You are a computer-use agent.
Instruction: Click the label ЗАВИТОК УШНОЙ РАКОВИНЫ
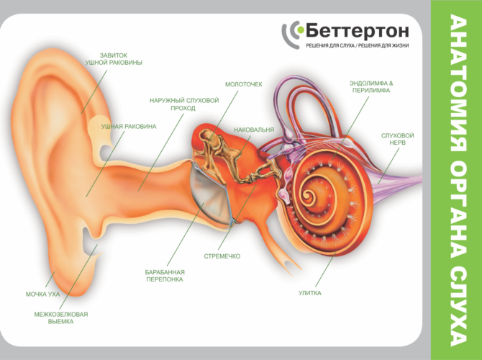pyautogui.click(x=114, y=59)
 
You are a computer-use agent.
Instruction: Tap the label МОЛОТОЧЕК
pyautogui.click(x=244, y=84)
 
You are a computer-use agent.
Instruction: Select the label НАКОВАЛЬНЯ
pyautogui.click(x=254, y=130)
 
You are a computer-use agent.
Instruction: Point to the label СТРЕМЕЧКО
pyautogui.click(x=222, y=256)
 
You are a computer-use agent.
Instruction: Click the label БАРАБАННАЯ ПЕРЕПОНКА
pyautogui.click(x=165, y=276)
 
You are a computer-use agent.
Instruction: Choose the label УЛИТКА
pyautogui.click(x=310, y=293)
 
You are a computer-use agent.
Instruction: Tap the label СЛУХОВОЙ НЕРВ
pyautogui.click(x=397, y=139)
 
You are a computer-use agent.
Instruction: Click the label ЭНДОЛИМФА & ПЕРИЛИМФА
pyautogui.click(x=371, y=87)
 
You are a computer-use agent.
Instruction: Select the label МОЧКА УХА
pyautogui.click(x=42, y=294)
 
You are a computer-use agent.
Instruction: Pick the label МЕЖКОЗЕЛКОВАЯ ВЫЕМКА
pyautogui.click(x=61, y=318)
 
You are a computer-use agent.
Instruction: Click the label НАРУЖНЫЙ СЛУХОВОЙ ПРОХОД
pyautogui.click(x=184, y=104)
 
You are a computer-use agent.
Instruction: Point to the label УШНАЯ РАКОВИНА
pyautogui.click(x=129, y=127)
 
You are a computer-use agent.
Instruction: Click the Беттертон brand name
pyautogui.click(x=358, y=31)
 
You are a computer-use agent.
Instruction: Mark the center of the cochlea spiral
pyautogui.click(x=307, y=195)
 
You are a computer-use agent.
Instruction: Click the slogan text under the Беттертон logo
pyautogui.click(x=358, y=45)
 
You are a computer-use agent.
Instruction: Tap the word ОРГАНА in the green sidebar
pyautogui.click(x=459, y=210)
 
